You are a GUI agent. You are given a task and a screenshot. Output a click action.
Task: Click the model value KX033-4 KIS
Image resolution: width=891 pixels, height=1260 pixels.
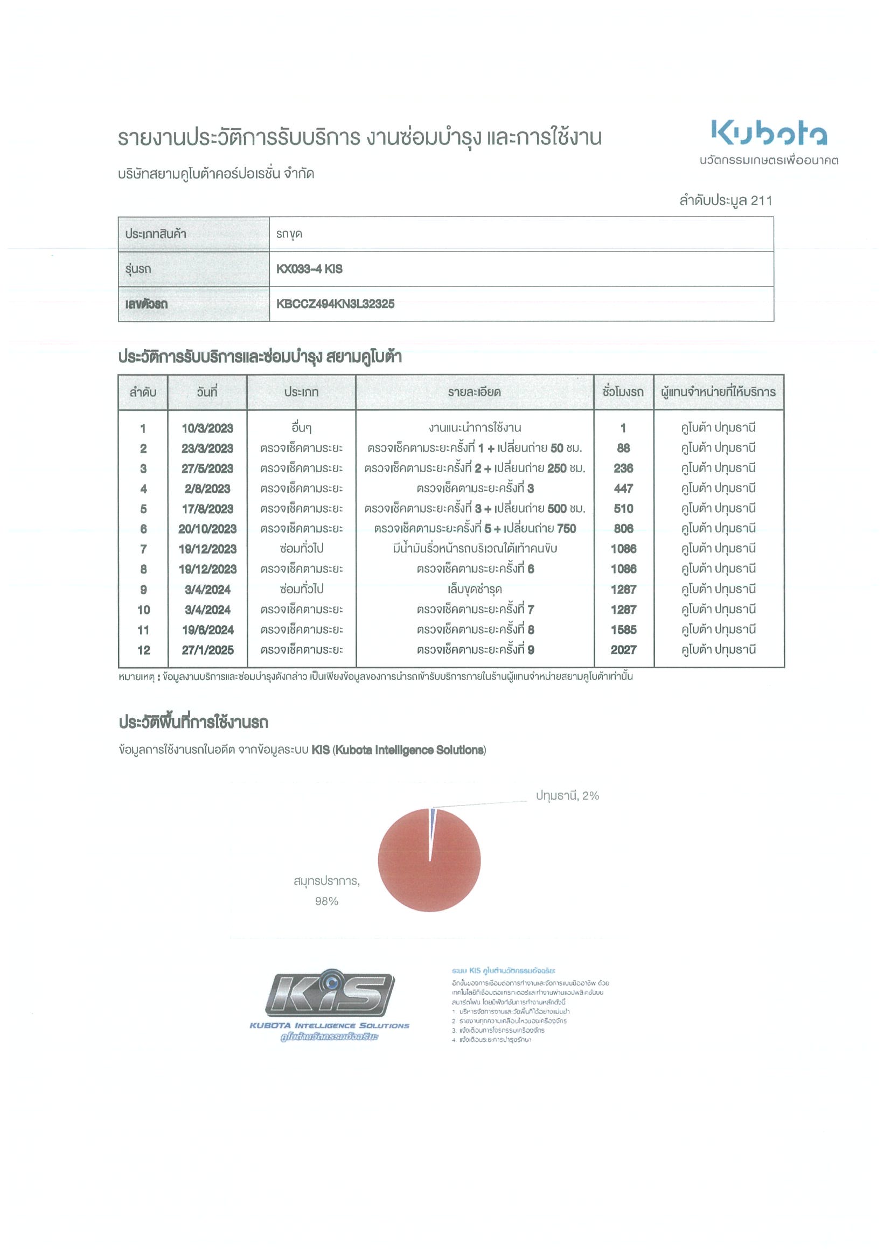click(309, 269)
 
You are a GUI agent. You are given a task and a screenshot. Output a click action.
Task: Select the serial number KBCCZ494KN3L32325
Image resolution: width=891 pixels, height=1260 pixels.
click(335, 304)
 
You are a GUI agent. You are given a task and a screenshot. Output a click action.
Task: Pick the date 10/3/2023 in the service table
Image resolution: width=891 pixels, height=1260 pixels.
click(207, 428)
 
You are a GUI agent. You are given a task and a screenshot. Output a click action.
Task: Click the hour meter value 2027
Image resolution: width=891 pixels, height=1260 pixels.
click(623, 650)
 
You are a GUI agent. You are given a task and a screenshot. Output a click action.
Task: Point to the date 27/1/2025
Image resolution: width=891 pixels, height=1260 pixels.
click(207, 650)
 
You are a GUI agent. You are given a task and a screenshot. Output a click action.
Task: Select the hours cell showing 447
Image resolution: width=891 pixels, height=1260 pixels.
click(623, 488)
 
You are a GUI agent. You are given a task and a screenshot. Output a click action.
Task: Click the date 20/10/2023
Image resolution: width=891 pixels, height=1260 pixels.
click(207, 528)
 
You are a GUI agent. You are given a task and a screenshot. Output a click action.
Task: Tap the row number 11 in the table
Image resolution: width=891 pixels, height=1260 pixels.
click(143, 629)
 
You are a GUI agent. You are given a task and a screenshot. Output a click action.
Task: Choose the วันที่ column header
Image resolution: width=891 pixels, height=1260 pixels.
click(207, 393)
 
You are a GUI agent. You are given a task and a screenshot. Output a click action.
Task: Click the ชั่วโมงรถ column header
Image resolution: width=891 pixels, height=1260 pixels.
click(623, 393)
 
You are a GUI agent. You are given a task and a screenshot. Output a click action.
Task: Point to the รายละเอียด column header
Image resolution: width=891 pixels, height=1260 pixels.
click(475, 393)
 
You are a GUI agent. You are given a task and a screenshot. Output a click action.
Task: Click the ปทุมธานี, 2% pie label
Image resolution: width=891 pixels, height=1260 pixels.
click(567, 795)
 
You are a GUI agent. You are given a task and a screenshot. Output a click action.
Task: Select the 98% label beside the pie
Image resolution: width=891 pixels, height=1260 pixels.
click(326, 901)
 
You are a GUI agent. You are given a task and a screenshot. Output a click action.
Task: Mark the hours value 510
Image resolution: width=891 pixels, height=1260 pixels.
click(623, 509)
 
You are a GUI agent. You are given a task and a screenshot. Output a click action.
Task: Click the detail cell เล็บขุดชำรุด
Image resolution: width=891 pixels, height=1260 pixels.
click(475, 590)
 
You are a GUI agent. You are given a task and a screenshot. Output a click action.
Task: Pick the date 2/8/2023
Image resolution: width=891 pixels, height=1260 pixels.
click(207, 488)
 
